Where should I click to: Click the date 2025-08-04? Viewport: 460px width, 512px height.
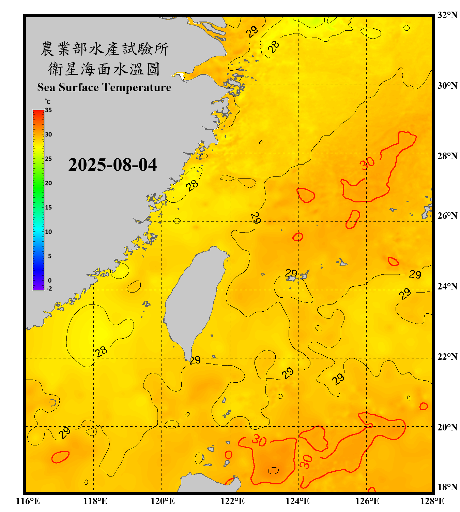coord(112,165)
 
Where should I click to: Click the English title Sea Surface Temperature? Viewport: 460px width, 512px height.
coord(104,87)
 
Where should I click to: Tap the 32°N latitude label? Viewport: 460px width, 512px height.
coord(447,15)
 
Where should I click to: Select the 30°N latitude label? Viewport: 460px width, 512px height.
coord(447,85)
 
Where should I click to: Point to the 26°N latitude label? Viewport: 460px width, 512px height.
coord(447,216)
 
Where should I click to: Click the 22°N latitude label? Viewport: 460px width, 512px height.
coord(447,357)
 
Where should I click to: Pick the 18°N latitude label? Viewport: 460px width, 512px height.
coord(447,487)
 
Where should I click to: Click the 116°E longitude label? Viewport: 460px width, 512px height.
coord(28,501)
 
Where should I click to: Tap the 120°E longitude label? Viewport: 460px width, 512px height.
coord(163,501)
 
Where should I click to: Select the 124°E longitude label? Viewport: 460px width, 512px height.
coord(297,501)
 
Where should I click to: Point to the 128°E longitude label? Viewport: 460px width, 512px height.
coord(432,501)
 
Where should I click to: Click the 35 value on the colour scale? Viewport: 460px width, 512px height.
coord(48,110)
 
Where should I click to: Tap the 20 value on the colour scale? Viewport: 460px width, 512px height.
coord(48,183)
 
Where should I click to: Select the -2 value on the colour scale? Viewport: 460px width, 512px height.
coord(49,289)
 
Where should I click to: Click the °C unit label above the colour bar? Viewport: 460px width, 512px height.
coord(47,102)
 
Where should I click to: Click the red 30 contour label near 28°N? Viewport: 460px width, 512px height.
coord(367,163)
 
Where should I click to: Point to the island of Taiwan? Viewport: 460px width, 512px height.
coord(193,300)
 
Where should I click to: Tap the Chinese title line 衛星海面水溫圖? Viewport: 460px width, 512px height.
coord(104,69)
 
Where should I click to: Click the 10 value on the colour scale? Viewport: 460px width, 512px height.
coord(48,232)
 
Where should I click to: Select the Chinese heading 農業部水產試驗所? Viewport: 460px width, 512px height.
coord(105,49)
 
